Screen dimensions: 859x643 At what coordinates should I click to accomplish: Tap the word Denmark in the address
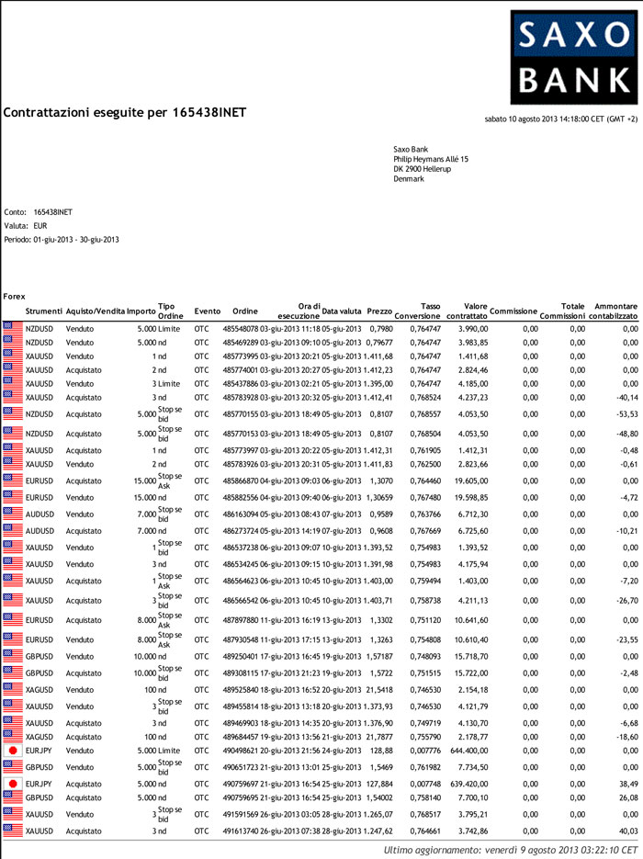tap(409, 178)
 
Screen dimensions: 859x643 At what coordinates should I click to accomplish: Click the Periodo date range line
tap(62, 240)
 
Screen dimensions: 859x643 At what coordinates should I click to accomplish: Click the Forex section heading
tap(14, 296)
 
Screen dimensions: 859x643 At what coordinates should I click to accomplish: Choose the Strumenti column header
tap(44, 311)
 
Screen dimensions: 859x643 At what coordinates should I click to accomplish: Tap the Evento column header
tap(208, 311)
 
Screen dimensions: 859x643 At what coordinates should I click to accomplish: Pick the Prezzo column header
tap(379, 311)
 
